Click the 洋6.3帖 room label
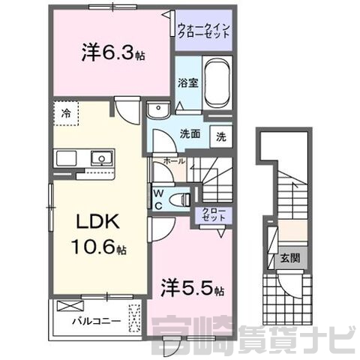point(113,53)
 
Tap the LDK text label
point(98,222)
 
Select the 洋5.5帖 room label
point(192,288)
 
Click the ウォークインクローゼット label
point(204,31)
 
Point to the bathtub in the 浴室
point(217,83)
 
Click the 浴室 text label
point(188,82)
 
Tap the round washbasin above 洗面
point(158,110)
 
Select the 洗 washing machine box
point(221,136)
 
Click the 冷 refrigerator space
point(66,113)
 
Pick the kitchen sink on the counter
point(101,158)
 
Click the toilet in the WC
point(179,199)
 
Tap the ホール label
point(174,161)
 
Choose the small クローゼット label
point(214,214)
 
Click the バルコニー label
point(97,321)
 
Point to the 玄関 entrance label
point(290,258)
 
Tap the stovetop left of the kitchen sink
point(66,158)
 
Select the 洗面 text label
point(190,134)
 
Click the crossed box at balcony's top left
point(70,305)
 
